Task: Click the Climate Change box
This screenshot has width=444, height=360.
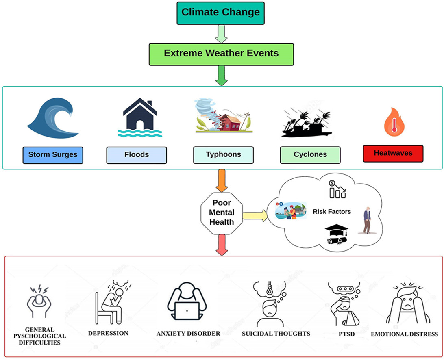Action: point(220,12)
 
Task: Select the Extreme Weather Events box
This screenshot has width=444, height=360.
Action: point(220,53)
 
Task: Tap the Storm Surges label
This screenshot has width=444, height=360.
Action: point(53,155)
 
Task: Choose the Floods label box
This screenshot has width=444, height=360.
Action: point(136,155)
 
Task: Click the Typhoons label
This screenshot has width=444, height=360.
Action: point(223,155)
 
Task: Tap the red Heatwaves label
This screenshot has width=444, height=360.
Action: point(393,154)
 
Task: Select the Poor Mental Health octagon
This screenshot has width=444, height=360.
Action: point(222,212)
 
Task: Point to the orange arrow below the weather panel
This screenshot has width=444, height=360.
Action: point(222,181)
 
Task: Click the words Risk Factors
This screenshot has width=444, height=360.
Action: point(332,212)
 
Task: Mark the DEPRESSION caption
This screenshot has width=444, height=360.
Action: point(108,333)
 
